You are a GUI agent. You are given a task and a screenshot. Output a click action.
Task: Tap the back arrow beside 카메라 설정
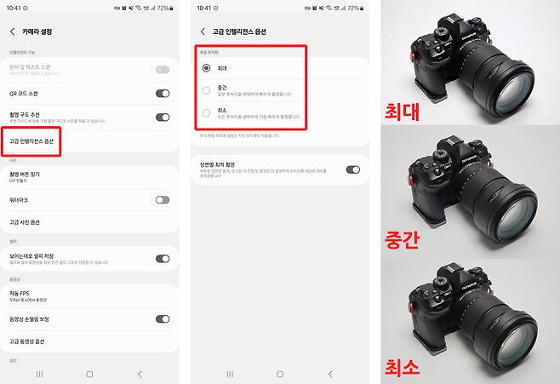(13, 32)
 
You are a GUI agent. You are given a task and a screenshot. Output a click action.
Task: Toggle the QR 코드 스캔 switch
(162, 94)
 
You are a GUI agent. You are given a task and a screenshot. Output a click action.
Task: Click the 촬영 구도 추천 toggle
(162, 117)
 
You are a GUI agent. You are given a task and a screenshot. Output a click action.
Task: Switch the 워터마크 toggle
(162, 199)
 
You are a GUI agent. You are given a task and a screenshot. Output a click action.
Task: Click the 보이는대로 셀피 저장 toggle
(162, 258)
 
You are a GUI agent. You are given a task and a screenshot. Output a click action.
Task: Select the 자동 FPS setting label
(21, 293)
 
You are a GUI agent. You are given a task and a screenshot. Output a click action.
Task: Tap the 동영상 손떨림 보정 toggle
(162, 318)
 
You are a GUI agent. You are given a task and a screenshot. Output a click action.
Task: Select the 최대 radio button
(207, 67)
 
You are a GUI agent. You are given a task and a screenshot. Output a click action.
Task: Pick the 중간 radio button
(207, 89)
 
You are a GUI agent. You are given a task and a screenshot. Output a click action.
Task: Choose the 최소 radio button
(207, 112)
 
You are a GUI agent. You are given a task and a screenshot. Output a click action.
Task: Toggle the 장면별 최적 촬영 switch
(352, 169)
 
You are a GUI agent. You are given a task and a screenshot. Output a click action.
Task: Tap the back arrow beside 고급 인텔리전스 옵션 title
(203, 32)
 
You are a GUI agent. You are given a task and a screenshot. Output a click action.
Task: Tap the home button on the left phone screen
(89, 374)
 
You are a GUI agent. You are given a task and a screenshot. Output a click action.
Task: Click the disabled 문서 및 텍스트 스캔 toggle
(162, 69)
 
